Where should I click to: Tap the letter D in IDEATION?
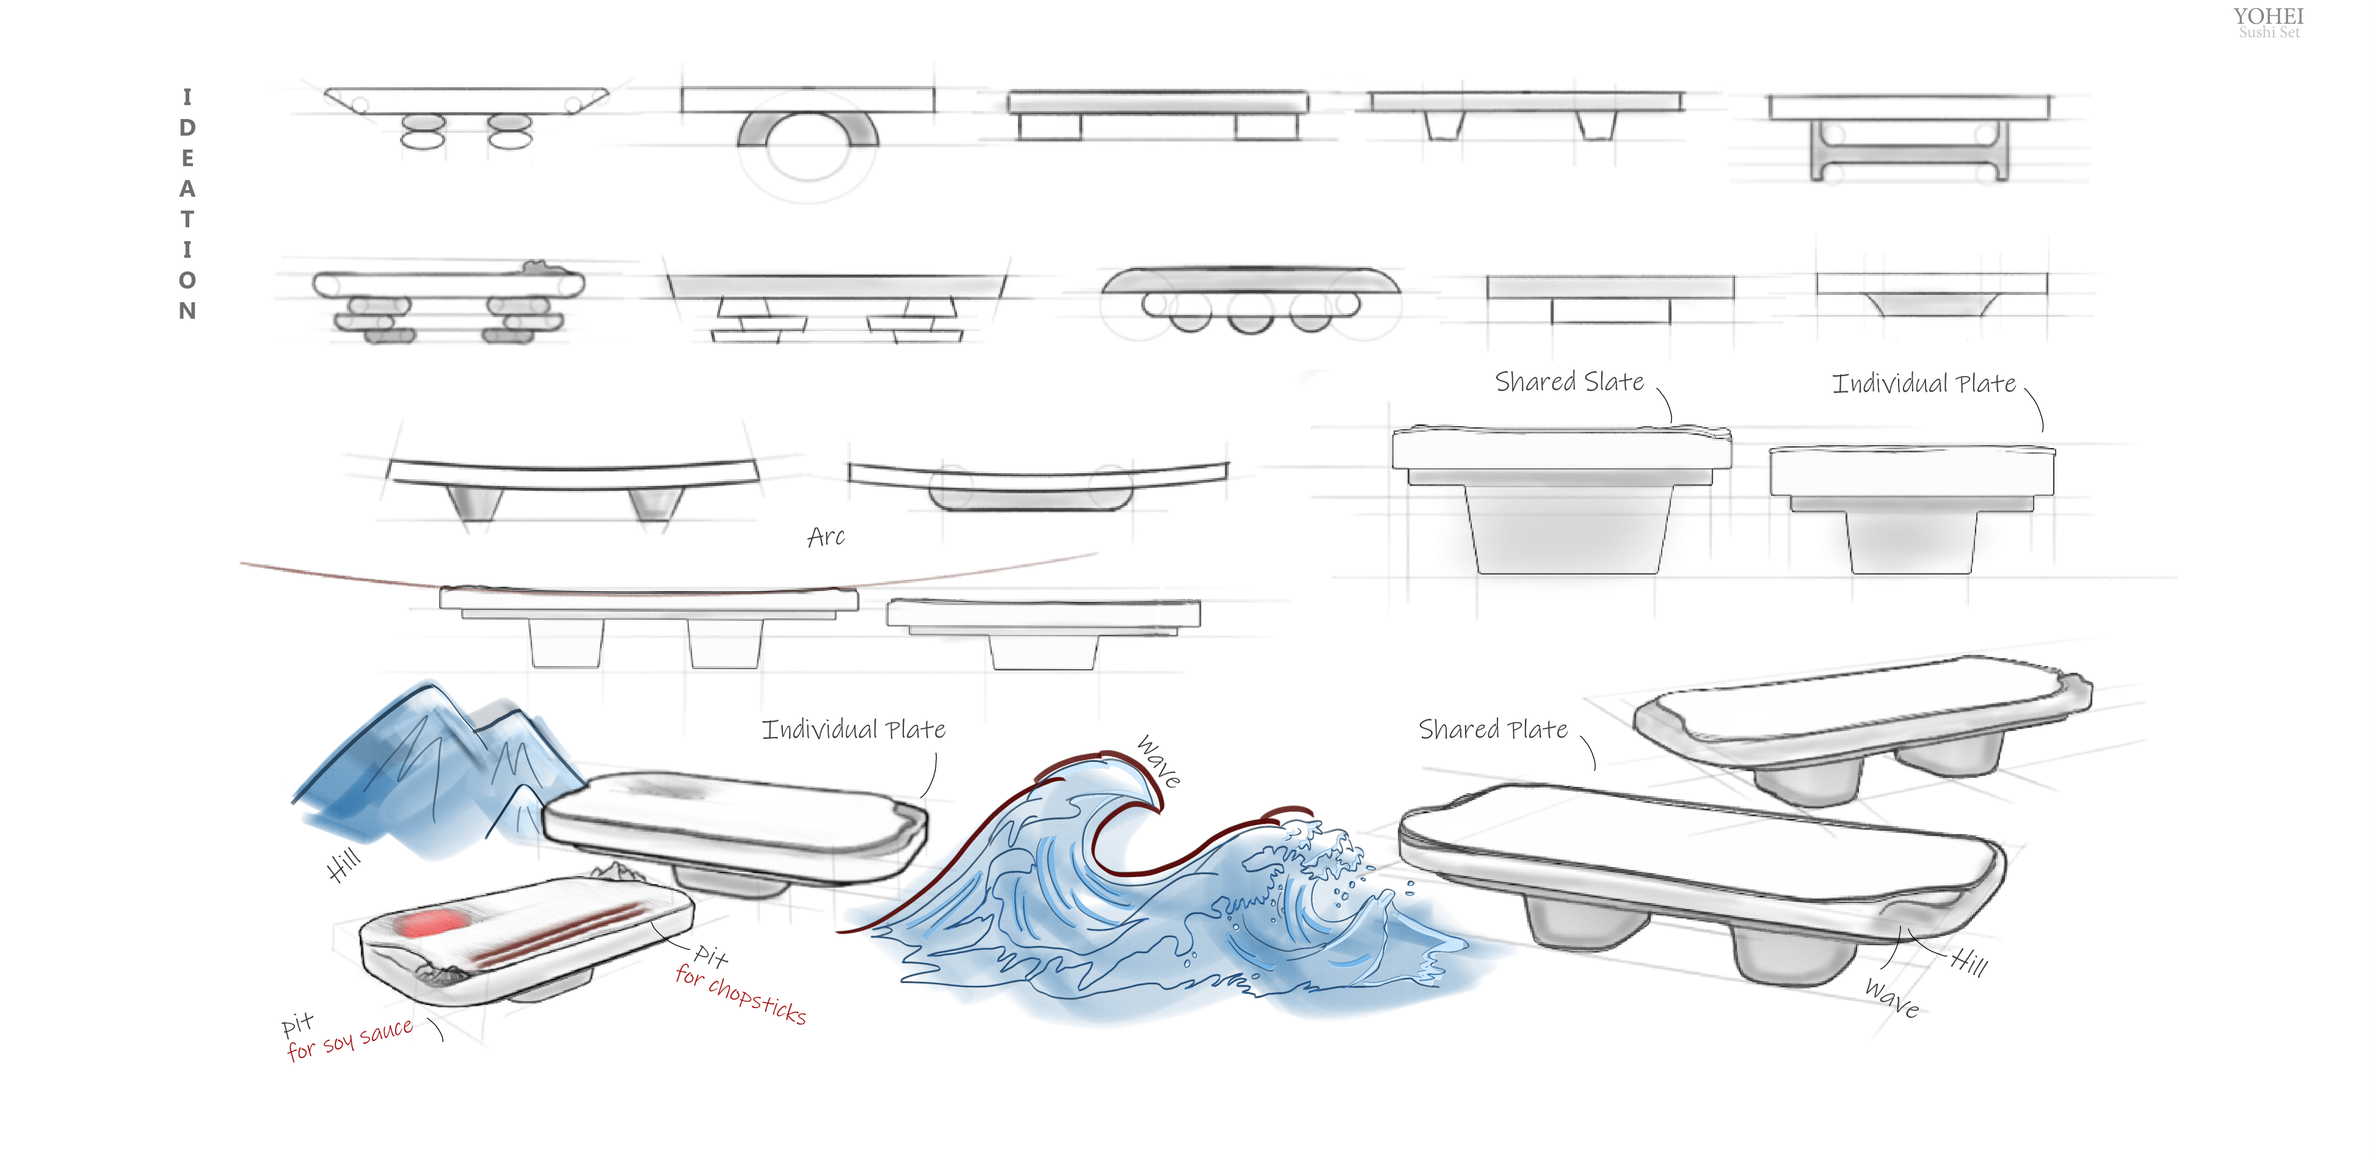click(187, 127)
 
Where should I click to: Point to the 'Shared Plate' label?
click(1492, 729)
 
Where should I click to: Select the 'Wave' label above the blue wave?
click(1158, 761)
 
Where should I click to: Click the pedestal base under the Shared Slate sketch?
click(1566, 530)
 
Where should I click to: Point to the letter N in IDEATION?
click(187, 311)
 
